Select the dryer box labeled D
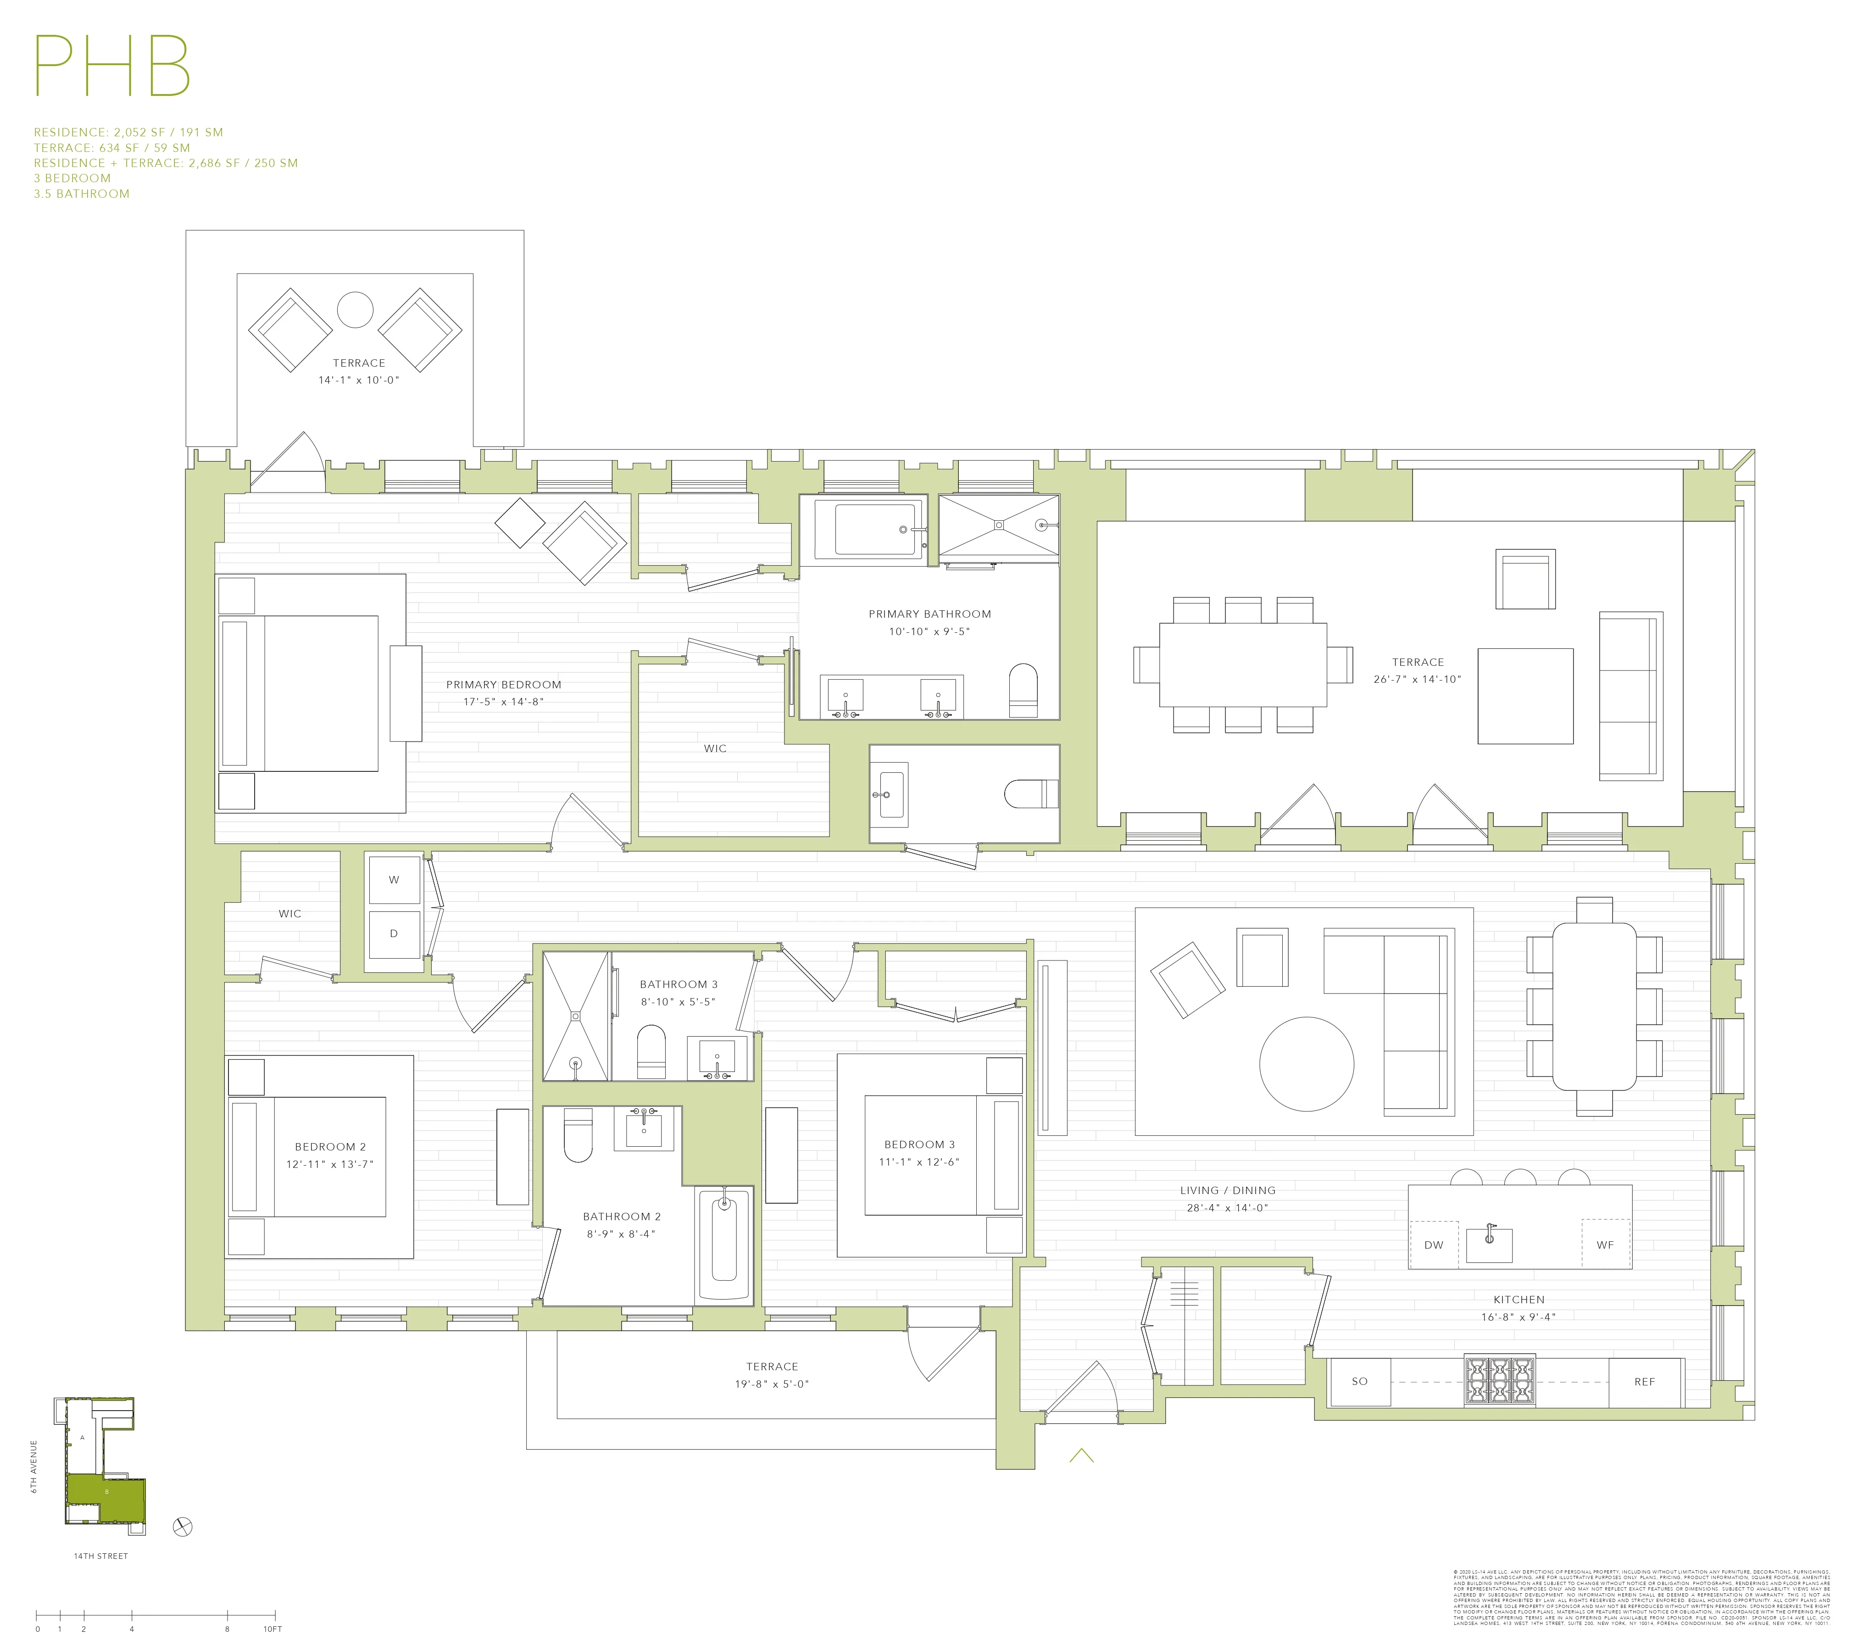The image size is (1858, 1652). point(394,934)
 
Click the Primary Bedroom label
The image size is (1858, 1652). point(504,685)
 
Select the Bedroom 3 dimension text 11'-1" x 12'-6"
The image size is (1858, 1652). point(919,1162)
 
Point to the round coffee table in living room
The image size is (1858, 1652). point(1306,1064)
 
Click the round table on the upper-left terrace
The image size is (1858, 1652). point(356,310)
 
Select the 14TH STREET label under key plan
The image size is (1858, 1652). point(101,1556)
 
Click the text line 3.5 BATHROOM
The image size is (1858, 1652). point(82,194)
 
